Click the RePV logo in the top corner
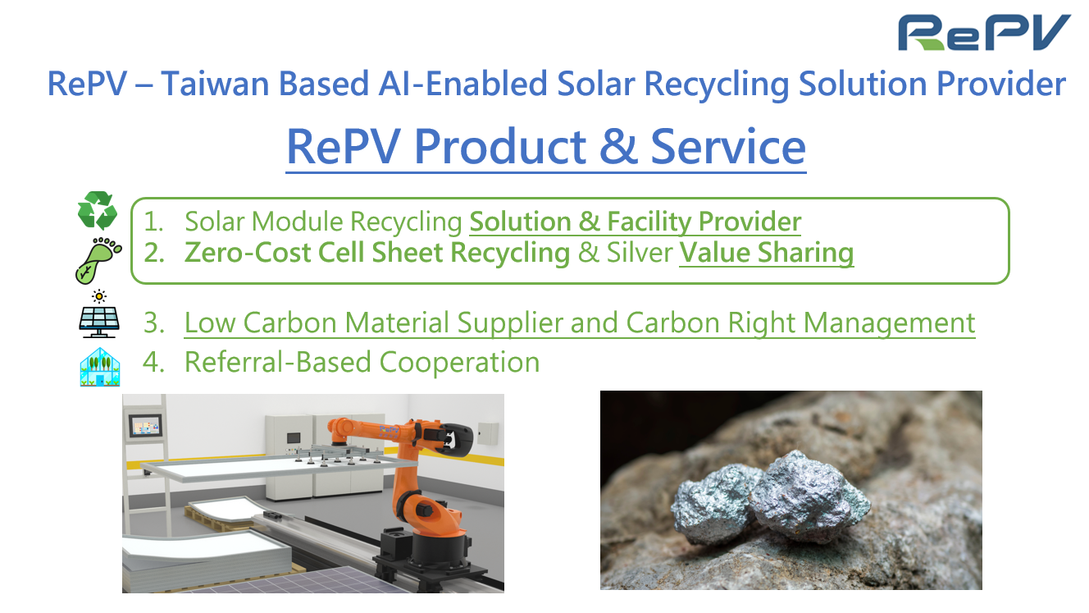[983, 32]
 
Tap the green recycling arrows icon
[98, 210]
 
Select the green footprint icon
[98, 260]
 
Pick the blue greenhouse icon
[100, 367]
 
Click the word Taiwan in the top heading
[216, 84]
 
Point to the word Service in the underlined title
[728, 146]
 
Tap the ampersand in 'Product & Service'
[618, 146]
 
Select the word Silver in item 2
[640, 253]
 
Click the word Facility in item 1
[649, 222]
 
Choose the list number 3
[153, 323]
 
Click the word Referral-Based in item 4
[279, 363]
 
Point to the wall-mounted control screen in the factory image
[145, 425]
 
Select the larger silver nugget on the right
[809, 496]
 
